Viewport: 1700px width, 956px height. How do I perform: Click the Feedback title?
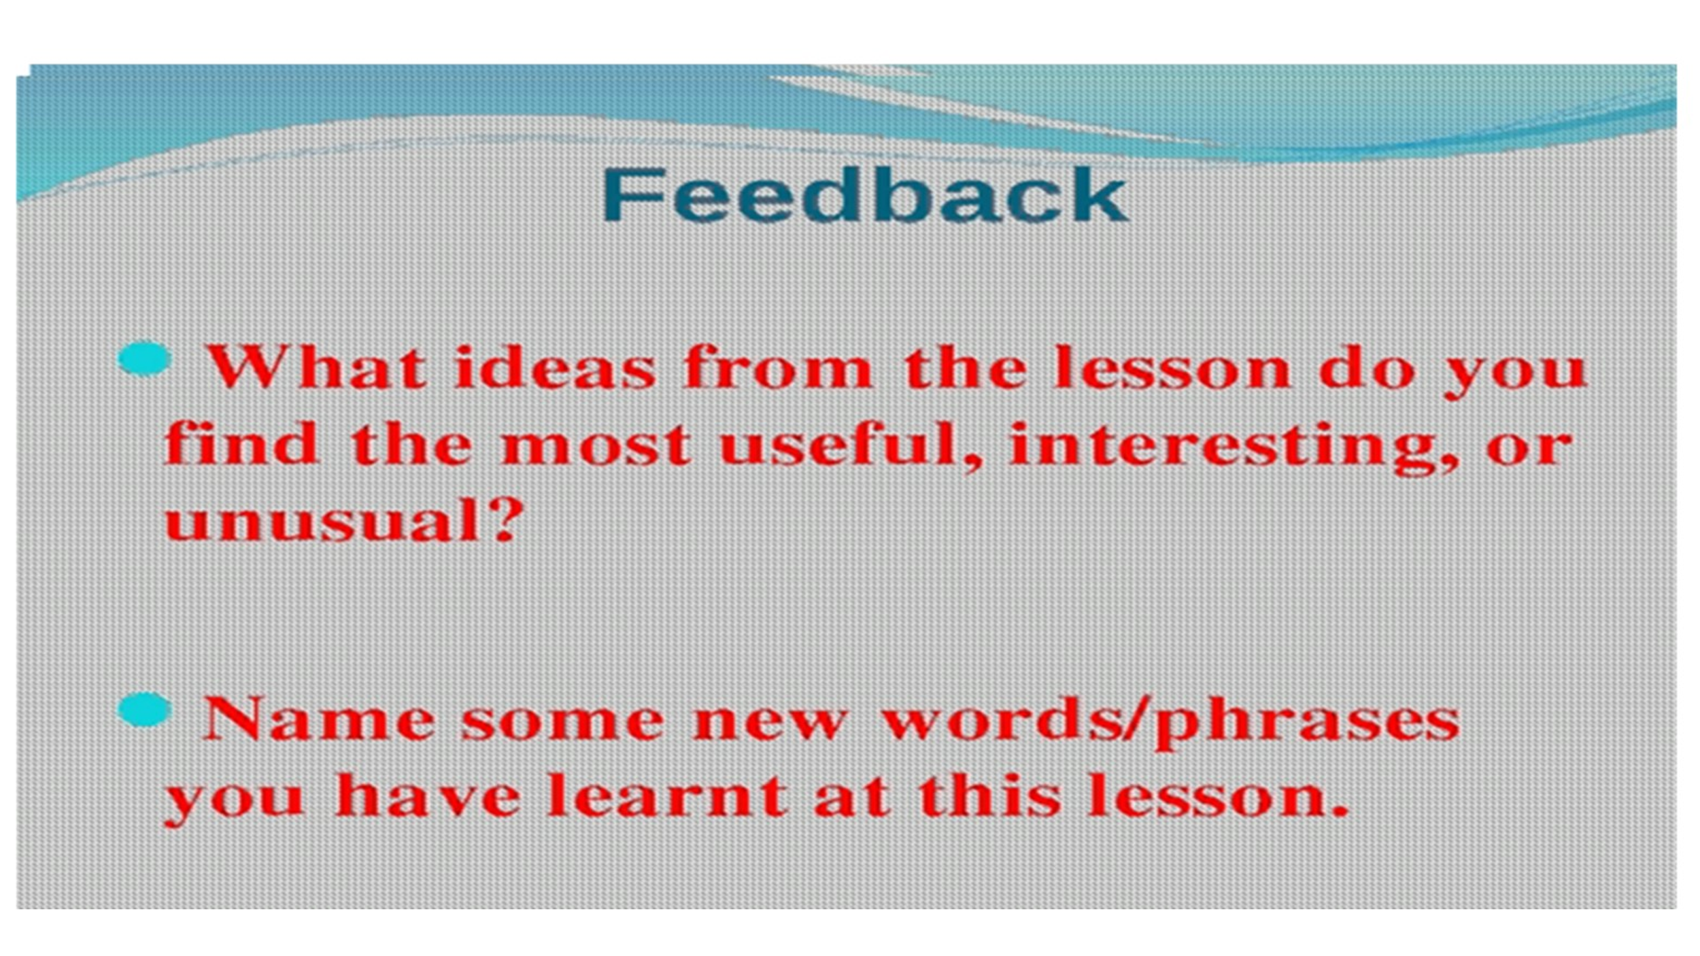point(865,195)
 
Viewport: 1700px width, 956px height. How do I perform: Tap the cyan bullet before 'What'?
point(144,358)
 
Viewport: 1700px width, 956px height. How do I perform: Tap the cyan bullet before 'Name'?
point(144,709)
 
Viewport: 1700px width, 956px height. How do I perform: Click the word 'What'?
point(316,368)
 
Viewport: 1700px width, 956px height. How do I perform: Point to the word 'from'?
point(777,368)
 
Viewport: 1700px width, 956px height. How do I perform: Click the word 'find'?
point(241,443)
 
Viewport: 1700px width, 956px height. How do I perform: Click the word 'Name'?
point(319,719)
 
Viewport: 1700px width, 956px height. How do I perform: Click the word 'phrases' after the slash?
point(1307,723)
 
